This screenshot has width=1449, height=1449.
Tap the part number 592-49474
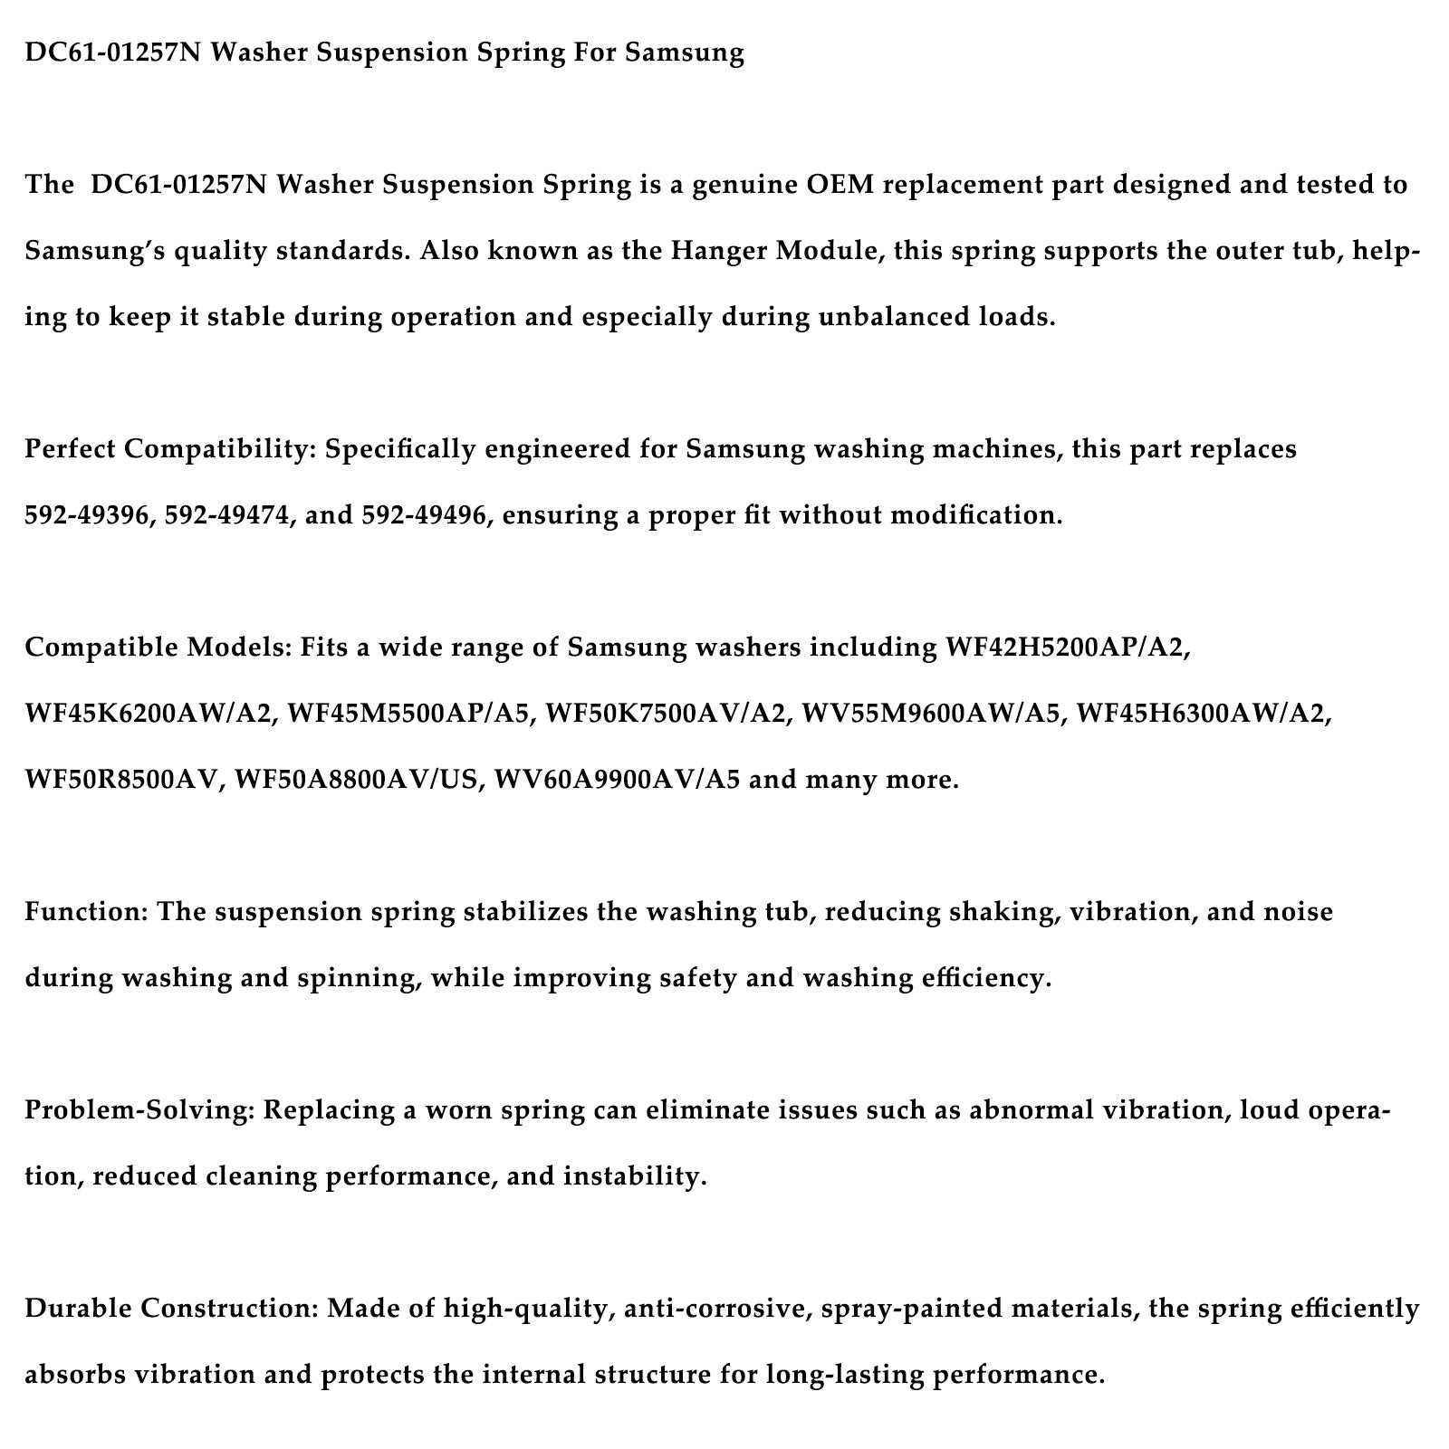[228, 515]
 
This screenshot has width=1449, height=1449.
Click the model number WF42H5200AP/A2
[1067, 648]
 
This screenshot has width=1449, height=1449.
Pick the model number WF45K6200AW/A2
[149, 714]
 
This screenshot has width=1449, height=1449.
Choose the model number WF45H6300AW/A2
[1204, 714]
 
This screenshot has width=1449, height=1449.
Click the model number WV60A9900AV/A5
[618, 780]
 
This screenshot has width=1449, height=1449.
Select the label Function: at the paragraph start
[86, 912]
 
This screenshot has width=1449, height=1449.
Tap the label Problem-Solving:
[139, 1110]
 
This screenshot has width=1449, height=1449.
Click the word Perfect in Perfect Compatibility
[72, 449]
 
